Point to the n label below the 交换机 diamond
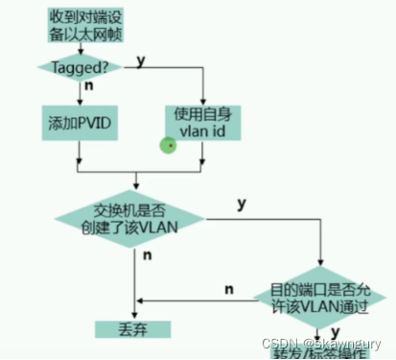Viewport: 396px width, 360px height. coord(147,256)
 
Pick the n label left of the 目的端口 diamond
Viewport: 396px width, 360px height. coord(229,287)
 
